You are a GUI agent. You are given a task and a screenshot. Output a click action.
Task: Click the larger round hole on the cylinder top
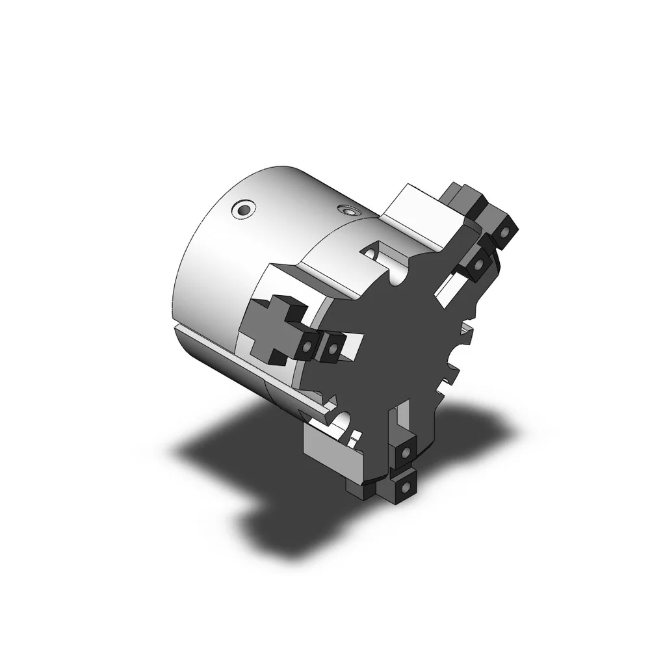[244, 209]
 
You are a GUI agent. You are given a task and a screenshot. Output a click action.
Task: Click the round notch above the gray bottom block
[344, 419]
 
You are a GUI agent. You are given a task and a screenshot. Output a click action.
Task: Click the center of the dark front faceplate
[403, 338]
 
